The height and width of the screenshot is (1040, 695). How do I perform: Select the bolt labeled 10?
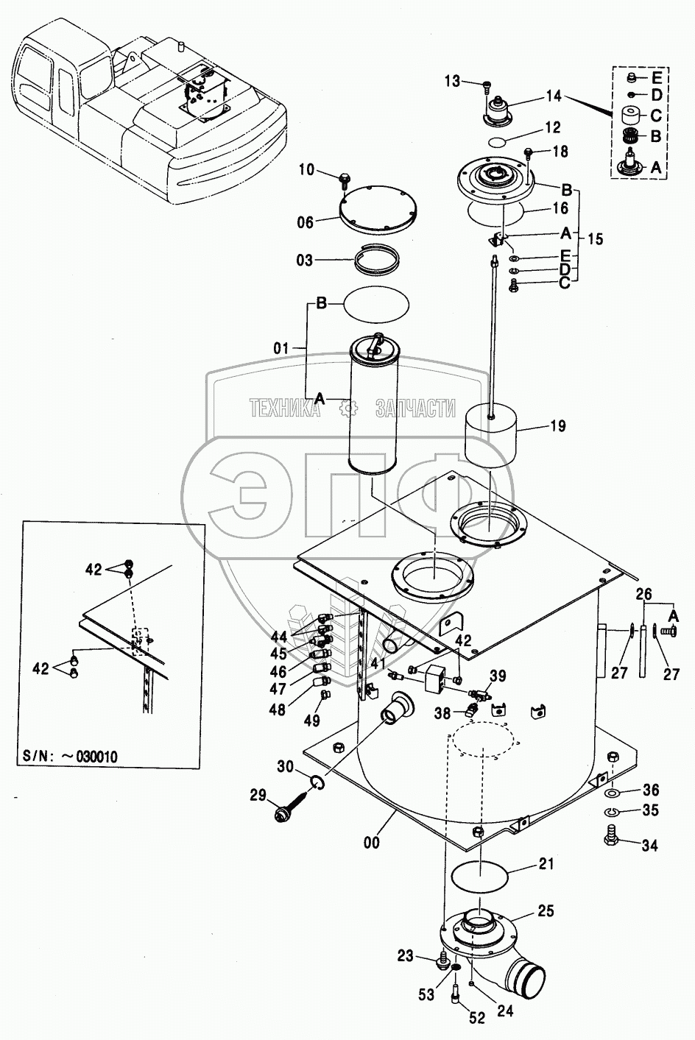pyautogui.click(x=345, y=177)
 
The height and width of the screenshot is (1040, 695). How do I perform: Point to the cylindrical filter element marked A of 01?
pyautogui.click(x=373, y=412)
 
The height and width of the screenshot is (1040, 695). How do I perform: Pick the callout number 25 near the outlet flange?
pyautogui.click(x=546, y=912)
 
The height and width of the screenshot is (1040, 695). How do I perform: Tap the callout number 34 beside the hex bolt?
pyautogui.click(x=649, y=846)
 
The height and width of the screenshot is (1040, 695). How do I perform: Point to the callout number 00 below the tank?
pyautogui.click(x=372, y=843)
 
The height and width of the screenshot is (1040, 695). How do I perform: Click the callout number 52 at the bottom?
pyautogui.click(x=477, y=1018)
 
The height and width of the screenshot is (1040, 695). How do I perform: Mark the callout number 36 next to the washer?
pyautogui.click(x=650, y=790)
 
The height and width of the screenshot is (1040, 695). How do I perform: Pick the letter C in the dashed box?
pyautogui.click(x=655, y=116)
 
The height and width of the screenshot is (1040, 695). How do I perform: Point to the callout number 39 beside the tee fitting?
pyautogui.click(x=498, y=676)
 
